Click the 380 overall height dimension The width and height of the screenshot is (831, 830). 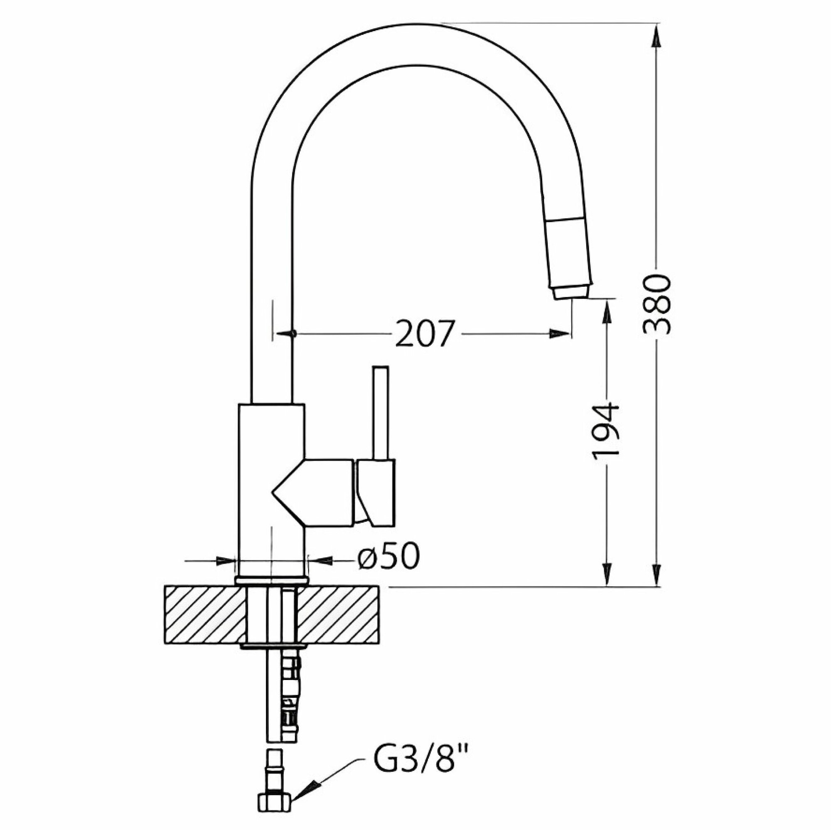click(x=657, y=304)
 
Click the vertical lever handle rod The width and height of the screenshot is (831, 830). click(x=381, y=414)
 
